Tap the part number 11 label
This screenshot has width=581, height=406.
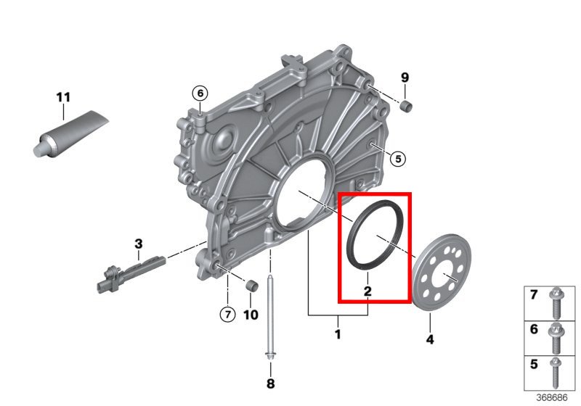(63, 96)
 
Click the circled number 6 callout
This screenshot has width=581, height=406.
(200, 92)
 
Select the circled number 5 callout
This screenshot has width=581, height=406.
(397, 157)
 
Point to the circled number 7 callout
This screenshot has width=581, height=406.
(227, 314)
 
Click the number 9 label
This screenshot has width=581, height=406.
(405, 78)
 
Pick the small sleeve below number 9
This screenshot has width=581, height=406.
(407, 108)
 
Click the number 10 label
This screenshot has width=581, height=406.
(250, 315)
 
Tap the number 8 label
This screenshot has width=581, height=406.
(270, 383)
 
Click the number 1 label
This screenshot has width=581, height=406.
(337, 334)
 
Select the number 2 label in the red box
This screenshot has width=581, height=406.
(367, 291)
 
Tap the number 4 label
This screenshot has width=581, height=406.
(429, 339)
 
